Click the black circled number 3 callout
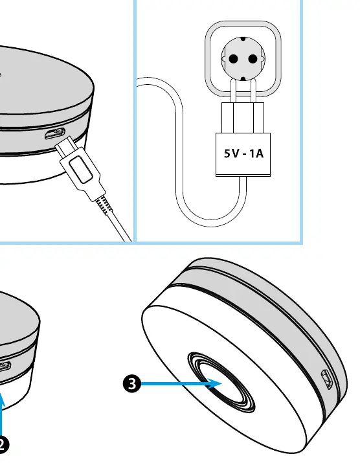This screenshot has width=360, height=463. [x=131, y=383]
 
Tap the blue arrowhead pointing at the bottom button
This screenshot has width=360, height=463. [x=215, y=383]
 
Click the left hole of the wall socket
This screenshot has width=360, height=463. [x=233, y=59]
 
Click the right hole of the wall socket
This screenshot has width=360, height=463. [x=253, y=59]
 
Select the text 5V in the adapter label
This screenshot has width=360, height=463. [x=231, y=153]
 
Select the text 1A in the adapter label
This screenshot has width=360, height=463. [x=256, y=153]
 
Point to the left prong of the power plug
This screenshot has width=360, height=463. [x=233, y=91]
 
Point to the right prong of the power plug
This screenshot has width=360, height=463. [x=253, y=91]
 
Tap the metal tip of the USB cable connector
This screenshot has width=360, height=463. [x=65, y=146]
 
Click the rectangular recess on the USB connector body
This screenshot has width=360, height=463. [x=81, y=169]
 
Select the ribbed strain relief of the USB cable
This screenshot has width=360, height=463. [x=104, y=204]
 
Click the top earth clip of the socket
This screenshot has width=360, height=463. [x=243, y=39]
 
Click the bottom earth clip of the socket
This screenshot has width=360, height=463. [x=243, y=79]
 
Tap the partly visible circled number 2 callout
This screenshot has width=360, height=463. [x=3, y=444]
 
